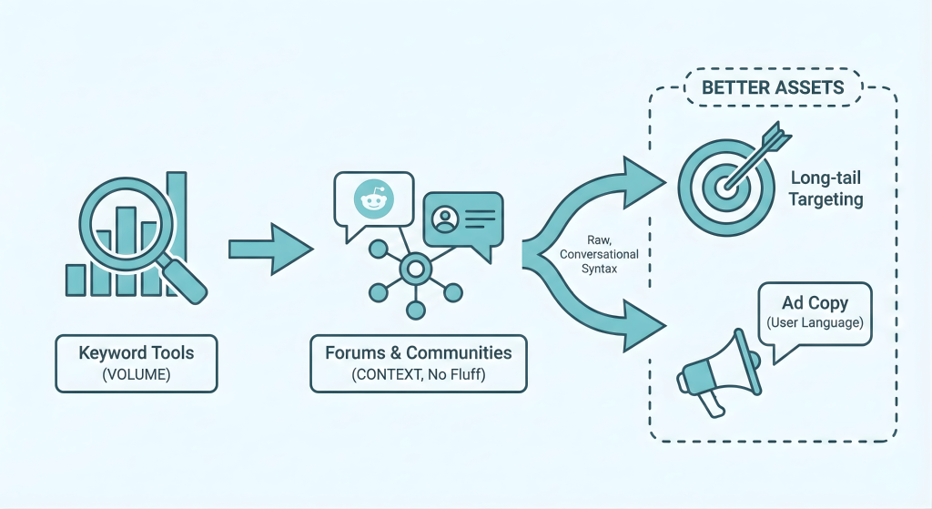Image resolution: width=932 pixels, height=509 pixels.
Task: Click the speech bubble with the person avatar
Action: (x=462, y=219)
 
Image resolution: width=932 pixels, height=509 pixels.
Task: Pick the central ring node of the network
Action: (x=416, y=268)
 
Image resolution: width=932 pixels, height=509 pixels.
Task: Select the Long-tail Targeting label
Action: (x=826, y=189)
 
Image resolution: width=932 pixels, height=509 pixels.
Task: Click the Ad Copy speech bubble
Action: (x=815, y=313)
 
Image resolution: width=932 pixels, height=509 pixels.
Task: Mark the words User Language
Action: (x=815, y=323)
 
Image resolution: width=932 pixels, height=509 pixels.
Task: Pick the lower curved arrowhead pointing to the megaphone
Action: (x=642, y=323)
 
